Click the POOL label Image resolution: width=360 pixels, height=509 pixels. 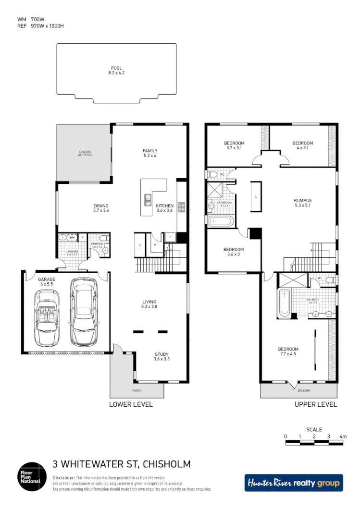116,70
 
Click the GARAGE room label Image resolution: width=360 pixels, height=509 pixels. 47,281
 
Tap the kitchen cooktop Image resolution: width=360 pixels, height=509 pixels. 181,207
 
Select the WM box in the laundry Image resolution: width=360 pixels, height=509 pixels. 72,237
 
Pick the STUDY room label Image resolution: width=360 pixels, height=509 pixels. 161,356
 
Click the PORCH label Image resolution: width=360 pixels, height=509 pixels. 137,390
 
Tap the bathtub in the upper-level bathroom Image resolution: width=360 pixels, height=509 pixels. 221,222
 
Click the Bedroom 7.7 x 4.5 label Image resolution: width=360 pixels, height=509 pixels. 288,351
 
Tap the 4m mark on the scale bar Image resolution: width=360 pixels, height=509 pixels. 343,436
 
